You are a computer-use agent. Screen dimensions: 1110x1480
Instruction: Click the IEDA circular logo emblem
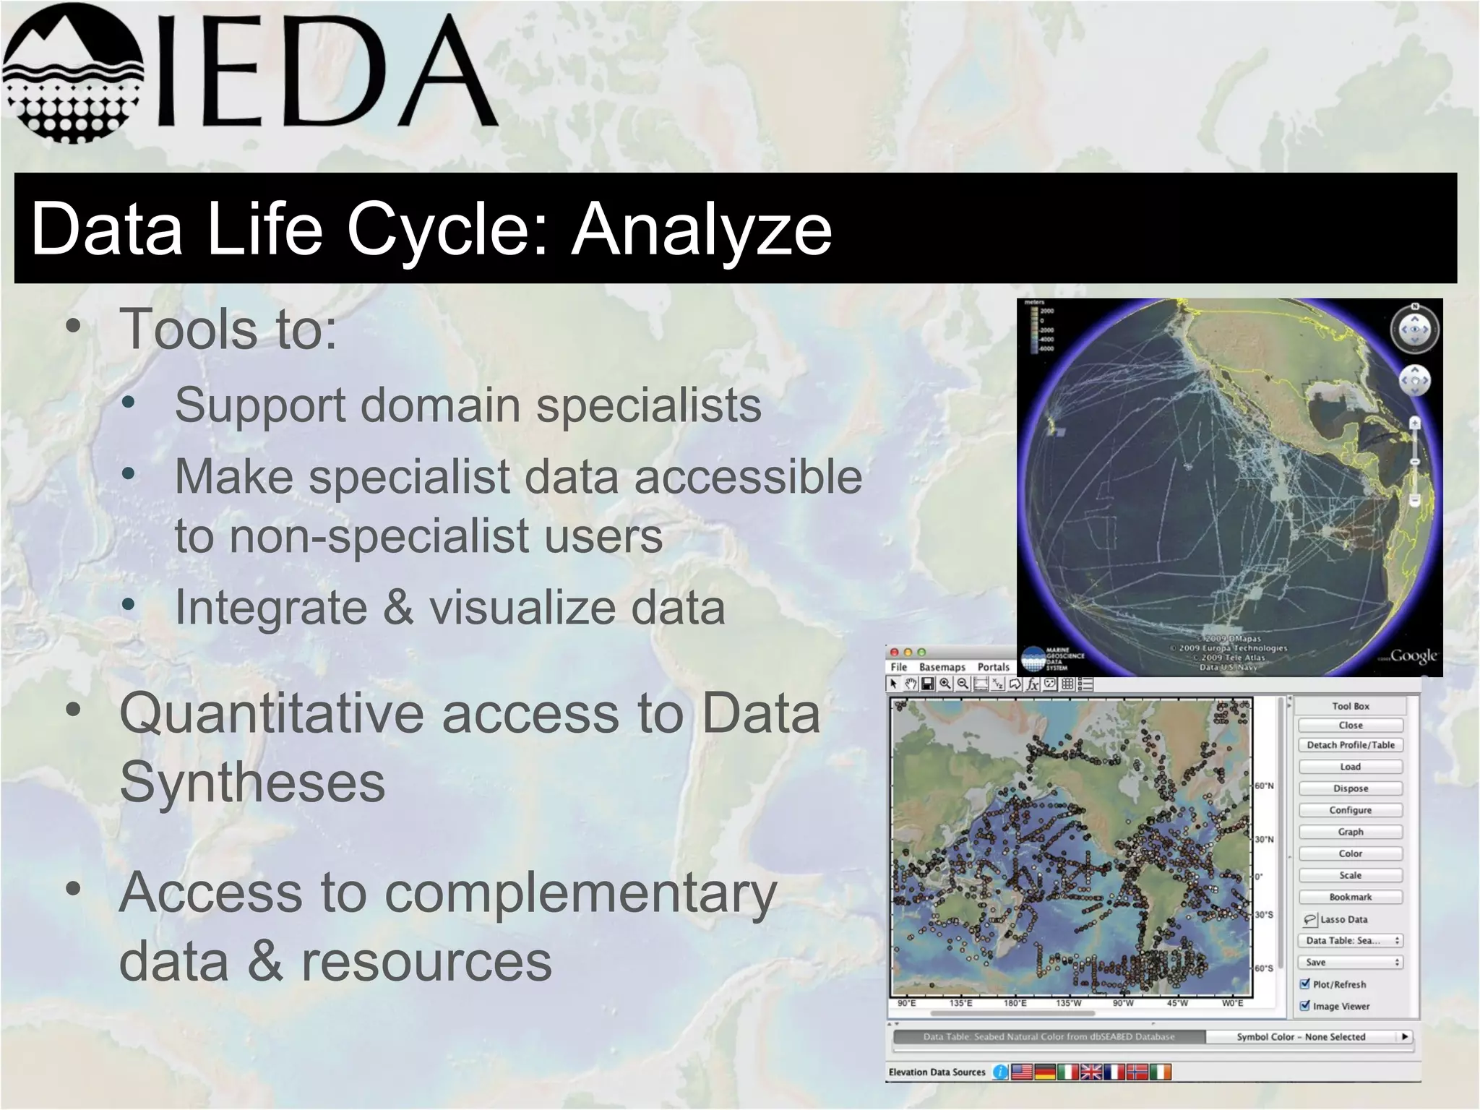click(72, 72)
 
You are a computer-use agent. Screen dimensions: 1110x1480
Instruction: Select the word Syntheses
click(252, 783)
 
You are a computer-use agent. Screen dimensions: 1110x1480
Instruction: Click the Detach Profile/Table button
click(1350, 745)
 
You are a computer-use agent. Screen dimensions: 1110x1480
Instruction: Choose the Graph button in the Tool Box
click(1350, 832)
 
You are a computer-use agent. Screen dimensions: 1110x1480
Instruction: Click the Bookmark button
click(1350, 897)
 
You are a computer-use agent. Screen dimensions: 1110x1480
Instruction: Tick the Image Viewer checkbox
click(1305, 1005)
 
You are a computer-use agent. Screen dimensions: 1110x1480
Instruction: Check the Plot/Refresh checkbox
click(1305, 984)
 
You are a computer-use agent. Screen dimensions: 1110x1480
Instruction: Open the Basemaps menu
click(942, 667)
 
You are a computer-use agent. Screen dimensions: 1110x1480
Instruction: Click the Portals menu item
click(993, 667)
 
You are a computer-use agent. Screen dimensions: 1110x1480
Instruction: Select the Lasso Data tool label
click(1343, 919)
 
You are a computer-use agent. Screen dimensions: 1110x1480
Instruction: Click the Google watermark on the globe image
click(1413, 655)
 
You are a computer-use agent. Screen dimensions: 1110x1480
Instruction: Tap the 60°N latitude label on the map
click(1264, 786)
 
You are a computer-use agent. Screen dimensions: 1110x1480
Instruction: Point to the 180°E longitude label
click(1015, 1003)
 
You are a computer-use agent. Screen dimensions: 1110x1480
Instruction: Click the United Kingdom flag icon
click(1090, 1072)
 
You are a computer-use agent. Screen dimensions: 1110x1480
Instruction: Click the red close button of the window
click(895, 652)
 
